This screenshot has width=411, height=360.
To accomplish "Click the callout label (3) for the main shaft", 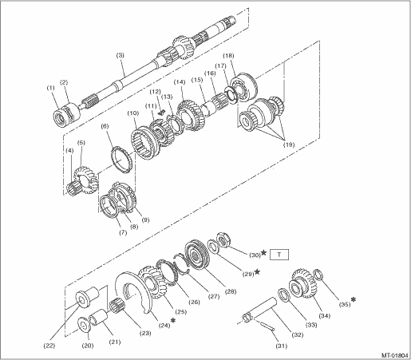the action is (121, 56).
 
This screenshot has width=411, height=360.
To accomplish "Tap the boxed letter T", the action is (279, 255).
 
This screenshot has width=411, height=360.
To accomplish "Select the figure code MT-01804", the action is (395, 355).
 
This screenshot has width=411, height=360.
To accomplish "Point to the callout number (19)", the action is (289, 144).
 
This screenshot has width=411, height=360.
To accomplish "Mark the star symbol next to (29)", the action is (257, 272).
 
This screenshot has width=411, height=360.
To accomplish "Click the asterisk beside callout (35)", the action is (354, 299).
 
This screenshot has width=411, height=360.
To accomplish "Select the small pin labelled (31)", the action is (267, 326).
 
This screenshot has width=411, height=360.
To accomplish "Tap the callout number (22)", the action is (49, 346).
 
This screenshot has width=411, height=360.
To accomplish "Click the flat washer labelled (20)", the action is (85, 325).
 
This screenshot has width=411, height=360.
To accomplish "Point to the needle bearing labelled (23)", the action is (117, 307).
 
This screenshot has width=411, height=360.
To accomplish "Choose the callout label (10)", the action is (133, 113).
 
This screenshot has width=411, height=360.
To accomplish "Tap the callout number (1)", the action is (51, 88).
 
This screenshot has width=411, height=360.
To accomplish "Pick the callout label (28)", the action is (231, 291).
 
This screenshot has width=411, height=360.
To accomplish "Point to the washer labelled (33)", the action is (285, 295).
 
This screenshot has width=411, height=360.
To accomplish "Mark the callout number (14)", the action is (180, 82).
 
